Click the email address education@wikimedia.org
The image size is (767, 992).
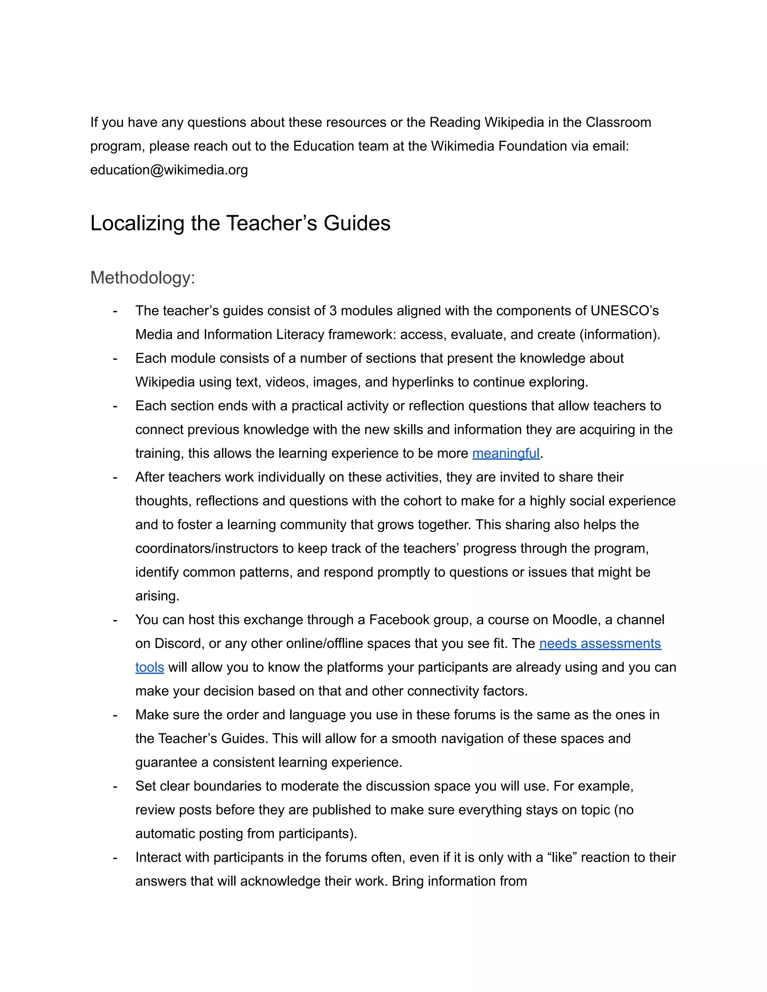pos(169,170)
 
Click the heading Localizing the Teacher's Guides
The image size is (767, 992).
pos(240,223)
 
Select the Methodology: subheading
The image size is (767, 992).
pos(143,277)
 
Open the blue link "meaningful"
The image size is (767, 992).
pos(506,453)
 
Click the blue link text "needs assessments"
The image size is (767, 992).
pos(600,643)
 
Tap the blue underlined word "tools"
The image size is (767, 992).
pos(149,667)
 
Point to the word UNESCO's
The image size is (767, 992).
pos(624,311)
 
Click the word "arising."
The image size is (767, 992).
pos(157,596)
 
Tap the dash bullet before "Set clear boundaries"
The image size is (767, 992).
pos(115,786)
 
